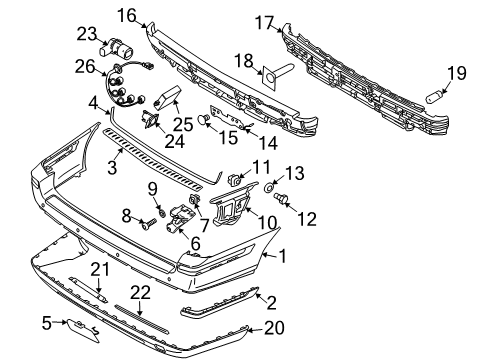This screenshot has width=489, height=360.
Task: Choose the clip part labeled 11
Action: click(x=237, y=182)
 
